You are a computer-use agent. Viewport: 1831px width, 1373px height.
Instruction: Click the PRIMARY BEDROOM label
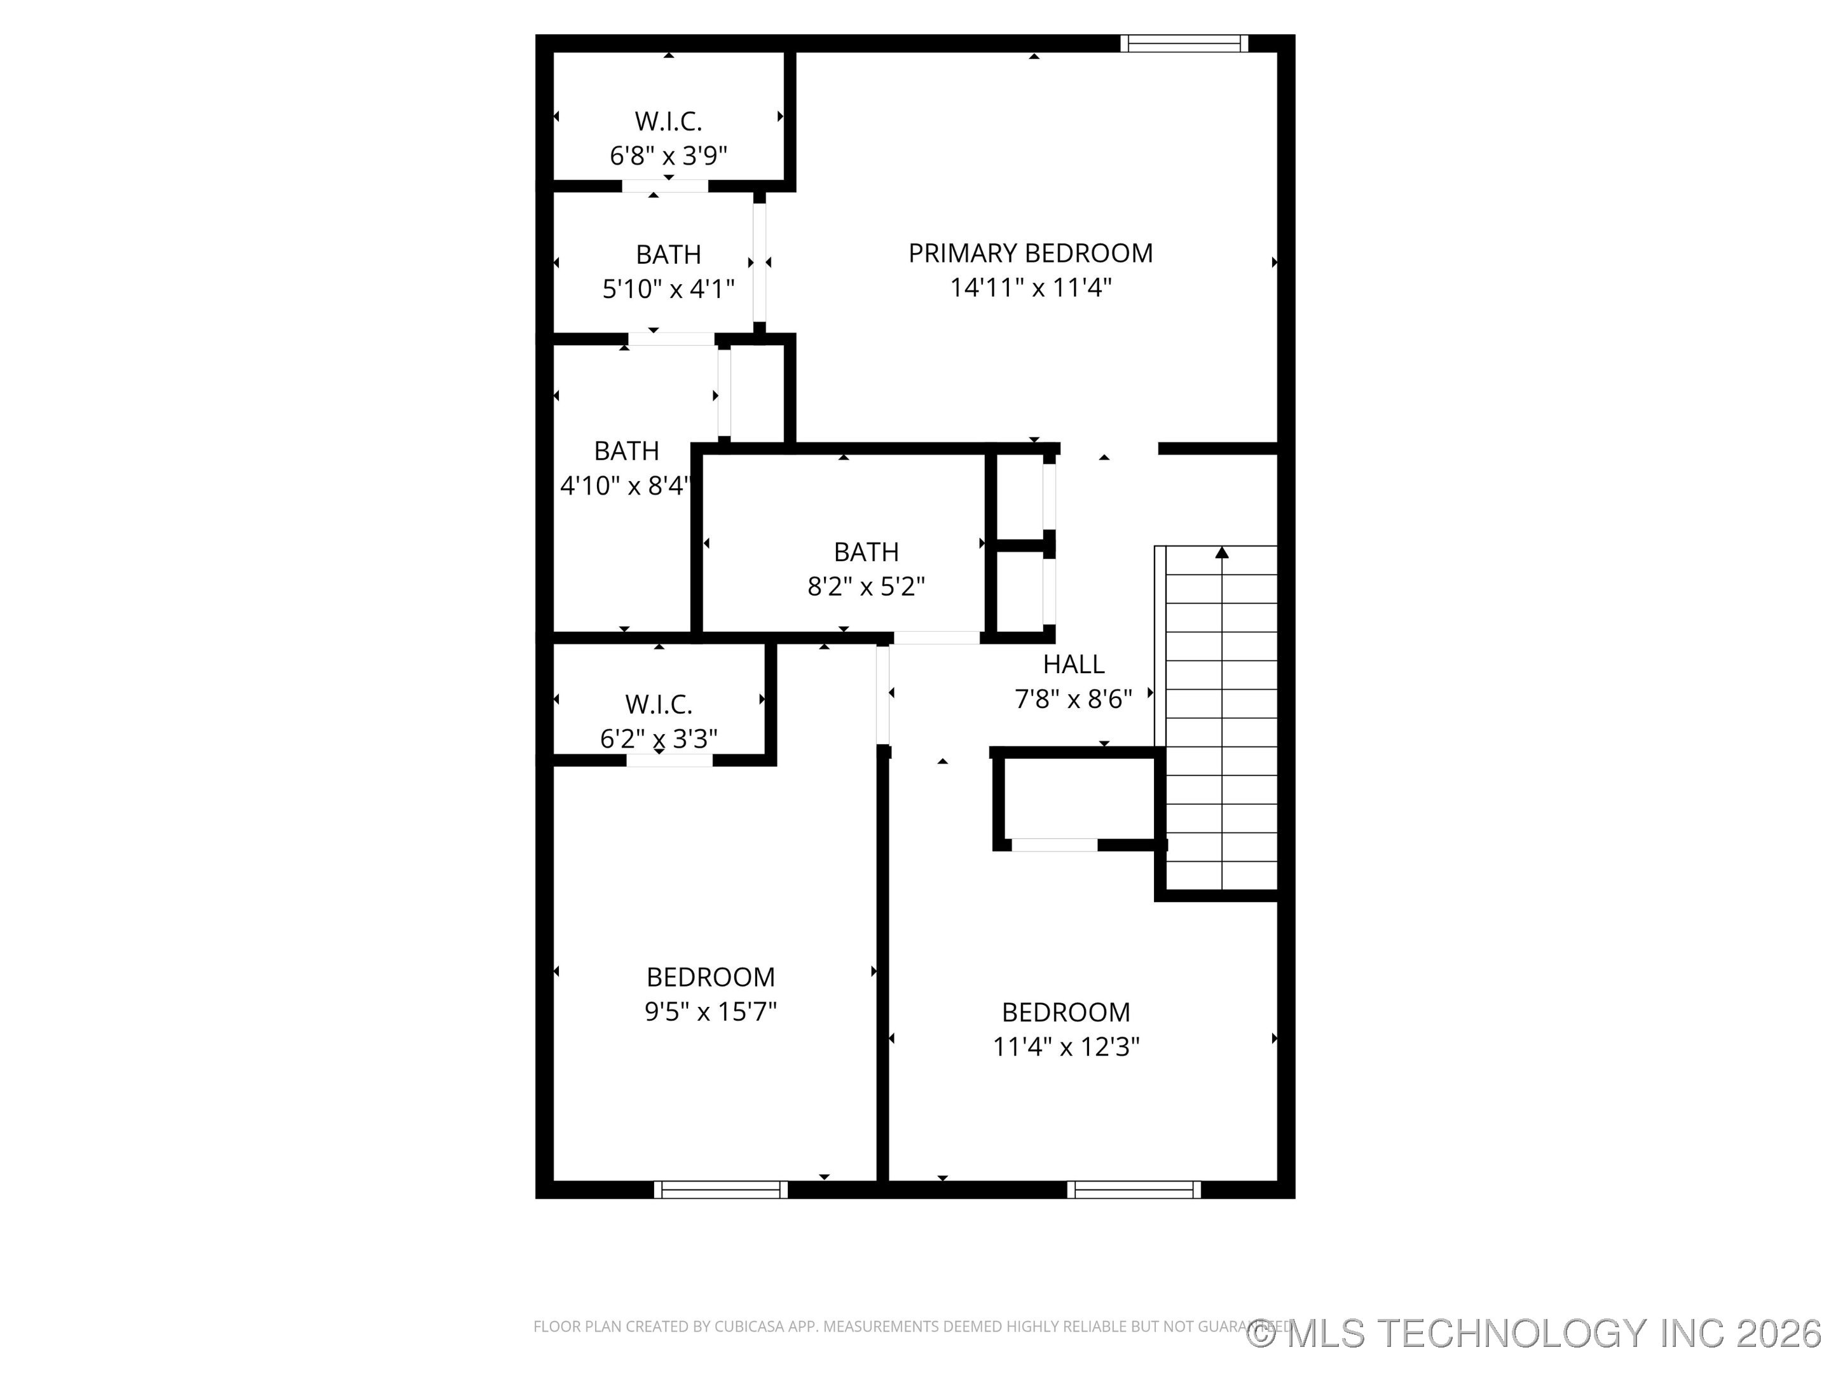pyautogui.click(x=1031, y=253)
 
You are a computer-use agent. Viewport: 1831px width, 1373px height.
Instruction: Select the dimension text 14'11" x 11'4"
pyautogui.click(x=1031, y=288)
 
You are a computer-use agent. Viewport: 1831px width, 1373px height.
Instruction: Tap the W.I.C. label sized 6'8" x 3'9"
pyautogui.click(x=668, y=121)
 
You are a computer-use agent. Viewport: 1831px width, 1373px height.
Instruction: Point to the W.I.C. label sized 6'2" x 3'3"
pyautogui.click(x=658, y=704)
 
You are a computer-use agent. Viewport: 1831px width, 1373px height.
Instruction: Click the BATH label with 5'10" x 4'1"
pyautogui.click(x=668, y=254)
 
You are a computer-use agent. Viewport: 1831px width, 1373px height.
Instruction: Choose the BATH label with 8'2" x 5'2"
pyautogui.click(x=866, y=552)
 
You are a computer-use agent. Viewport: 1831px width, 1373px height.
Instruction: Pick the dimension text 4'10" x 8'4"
pyautogui.click(x=625, y=486)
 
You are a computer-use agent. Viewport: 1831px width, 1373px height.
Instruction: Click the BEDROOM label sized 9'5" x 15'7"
pyautogui.click(x=710, y=978)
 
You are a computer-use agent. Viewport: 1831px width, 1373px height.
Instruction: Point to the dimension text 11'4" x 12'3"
pyautogui.click(x=1066, y=1047)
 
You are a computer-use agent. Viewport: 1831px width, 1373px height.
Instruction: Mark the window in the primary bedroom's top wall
pyautogui.click(x=1184, y=44)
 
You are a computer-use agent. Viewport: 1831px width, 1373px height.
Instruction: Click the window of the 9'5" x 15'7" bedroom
pyautogui.click(x=720, y=1190)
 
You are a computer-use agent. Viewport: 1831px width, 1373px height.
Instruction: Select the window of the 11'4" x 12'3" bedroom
pyautogui.click(x=1133, y=1190)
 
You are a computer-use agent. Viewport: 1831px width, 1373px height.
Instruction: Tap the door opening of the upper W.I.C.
pyautogui.click(x=664, y=186)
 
